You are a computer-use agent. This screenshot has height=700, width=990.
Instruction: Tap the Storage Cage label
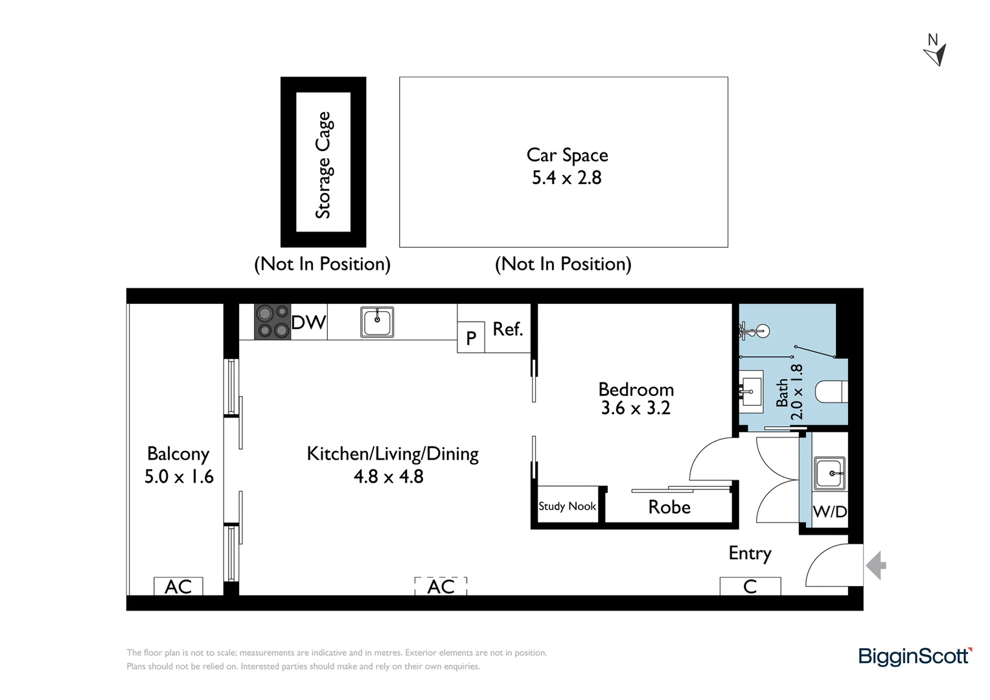[x=323, y=165]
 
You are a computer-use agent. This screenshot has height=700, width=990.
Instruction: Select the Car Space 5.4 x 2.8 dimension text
[x=566, y=178]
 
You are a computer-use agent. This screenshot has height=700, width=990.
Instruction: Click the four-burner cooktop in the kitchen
[x=272, y=321]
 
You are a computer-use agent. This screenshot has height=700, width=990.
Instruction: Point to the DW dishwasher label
[x=308, y=322]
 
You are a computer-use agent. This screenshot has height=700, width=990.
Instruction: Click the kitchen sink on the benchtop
[x=377, y=321]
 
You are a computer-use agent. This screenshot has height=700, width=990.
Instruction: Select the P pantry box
[x=471, y=338]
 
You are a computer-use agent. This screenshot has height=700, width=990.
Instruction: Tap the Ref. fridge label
[x=507, y=329]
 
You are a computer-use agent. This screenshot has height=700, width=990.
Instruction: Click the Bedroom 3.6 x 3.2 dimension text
[x=635, y=408]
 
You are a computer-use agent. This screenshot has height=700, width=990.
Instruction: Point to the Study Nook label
[x=567, y=506]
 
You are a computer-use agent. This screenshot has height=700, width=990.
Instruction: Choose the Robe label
[x=669, y=507]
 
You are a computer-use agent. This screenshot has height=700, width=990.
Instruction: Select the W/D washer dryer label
[x=829, y=511]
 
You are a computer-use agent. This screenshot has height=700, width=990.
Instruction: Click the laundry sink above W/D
[x=829, y=473]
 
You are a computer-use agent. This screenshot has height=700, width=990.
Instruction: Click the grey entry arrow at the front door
[x=876, y=565]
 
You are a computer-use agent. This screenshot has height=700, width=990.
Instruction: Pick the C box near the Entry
[x=750, y=587]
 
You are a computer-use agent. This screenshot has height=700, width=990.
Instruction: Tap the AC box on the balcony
[x=178, y=587]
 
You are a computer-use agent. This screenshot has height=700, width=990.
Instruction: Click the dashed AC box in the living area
[x=441, y=587]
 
